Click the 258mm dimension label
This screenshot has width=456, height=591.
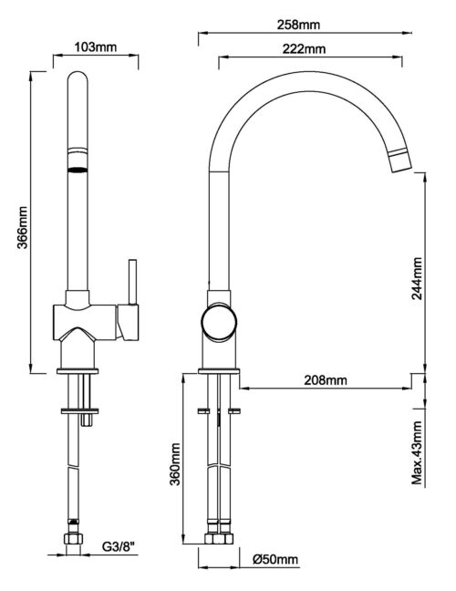(298, 25)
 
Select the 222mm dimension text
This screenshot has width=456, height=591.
(304, 49)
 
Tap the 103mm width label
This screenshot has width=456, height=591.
(96, 47)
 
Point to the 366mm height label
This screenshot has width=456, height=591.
(23, 227)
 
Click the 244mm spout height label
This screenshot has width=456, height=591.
(417, 278)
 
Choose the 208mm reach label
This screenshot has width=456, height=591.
(326, 380)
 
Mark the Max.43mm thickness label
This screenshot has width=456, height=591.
(417, 452)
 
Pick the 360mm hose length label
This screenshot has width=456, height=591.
(174, 464)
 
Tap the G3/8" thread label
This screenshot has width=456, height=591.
(119, 546)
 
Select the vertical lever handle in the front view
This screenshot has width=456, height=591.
(132, 282)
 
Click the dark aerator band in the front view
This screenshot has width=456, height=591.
(78, 170)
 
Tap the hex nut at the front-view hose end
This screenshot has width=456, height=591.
(73, 538)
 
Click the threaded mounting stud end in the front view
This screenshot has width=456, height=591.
(87, 420)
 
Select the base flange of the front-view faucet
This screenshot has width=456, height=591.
(78, 371)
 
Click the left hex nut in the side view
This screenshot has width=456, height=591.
(212, 538)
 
